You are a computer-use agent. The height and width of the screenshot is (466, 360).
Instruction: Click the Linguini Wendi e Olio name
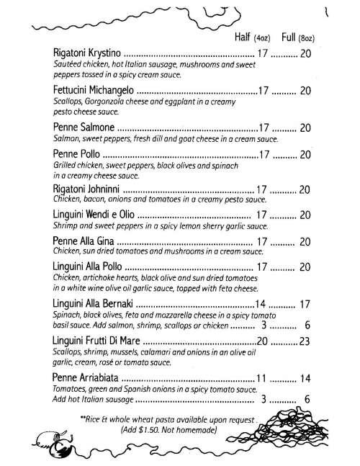[94, 215]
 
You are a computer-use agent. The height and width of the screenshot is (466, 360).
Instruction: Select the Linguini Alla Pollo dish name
[89, 267]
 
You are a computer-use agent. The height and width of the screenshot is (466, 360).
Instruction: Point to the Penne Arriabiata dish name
[86, 378]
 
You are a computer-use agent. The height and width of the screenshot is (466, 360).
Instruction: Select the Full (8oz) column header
[297, 37]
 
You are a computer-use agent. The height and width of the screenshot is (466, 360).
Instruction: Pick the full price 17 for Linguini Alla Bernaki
[305, 304]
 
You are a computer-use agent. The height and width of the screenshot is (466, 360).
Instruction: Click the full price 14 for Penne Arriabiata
[305, 378]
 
